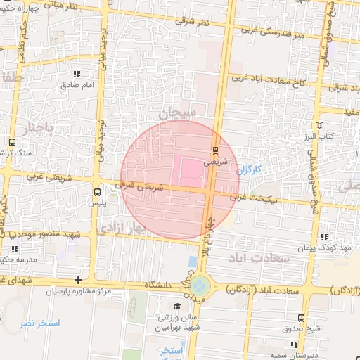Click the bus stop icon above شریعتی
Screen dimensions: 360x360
215,150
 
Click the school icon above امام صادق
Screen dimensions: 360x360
77,74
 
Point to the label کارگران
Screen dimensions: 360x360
248,170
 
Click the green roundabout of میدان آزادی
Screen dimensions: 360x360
200,286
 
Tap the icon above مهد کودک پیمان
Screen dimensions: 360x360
323,238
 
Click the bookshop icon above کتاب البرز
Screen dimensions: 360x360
320,124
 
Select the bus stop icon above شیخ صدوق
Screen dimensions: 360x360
302,319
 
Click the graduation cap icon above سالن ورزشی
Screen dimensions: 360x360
178,307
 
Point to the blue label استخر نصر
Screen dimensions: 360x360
40,324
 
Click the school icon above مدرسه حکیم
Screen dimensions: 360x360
14,249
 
